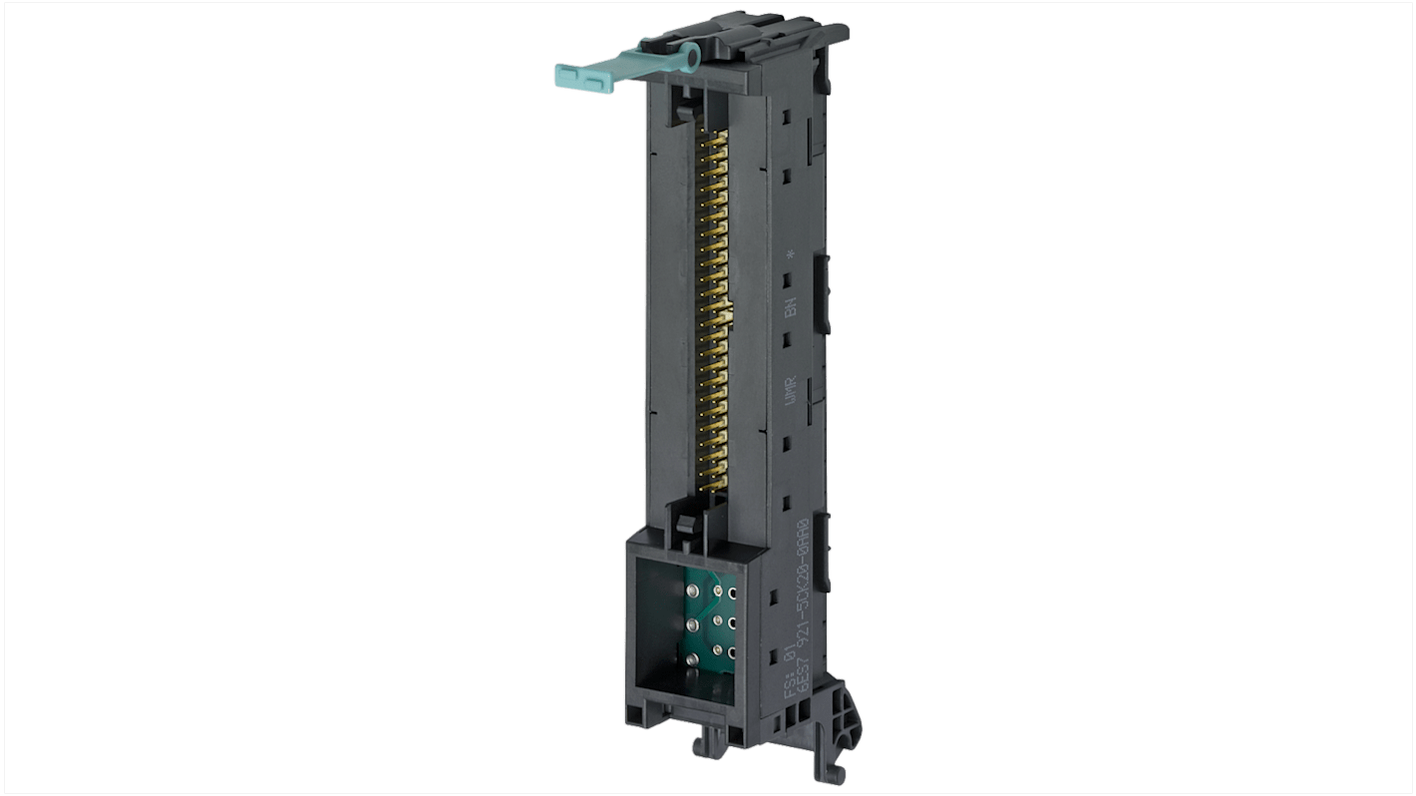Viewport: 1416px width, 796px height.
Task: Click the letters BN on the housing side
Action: pyautogui.click(x=790, y=307)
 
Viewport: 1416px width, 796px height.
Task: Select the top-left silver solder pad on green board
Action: pyautogui.click(x=689, y=591)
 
